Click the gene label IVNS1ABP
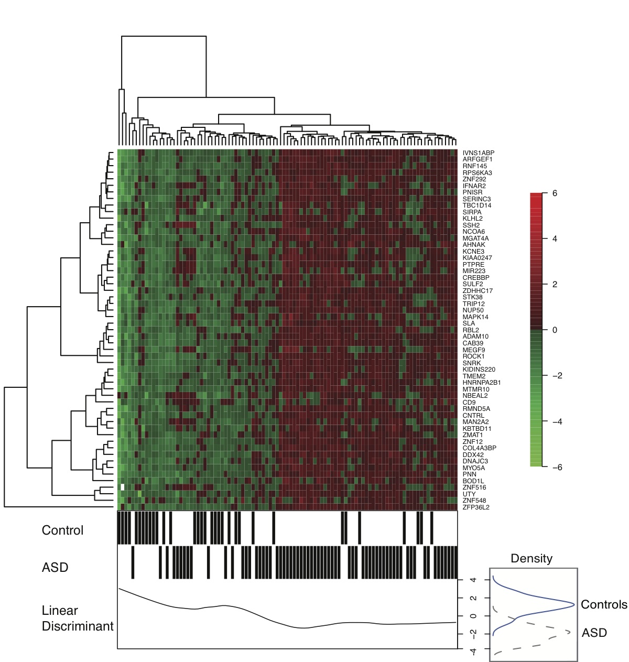[478, 153]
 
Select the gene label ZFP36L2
[476, 507]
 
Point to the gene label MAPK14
[475, 317]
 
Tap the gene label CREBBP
[475, 277]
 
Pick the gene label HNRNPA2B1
[482, 383]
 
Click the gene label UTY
[469, 494]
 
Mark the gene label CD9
[469, 403]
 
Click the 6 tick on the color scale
[555, 193]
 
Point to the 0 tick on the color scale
[555, 330]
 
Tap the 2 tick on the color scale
[555, 285]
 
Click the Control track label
[62, 530]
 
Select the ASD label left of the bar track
[55, 567]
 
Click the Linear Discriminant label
[78, 618]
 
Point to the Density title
[532, 558]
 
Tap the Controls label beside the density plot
[604, 604]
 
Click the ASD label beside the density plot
[594, 633]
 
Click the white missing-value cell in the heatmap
[123, 487]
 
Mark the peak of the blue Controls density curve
[574, 605]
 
